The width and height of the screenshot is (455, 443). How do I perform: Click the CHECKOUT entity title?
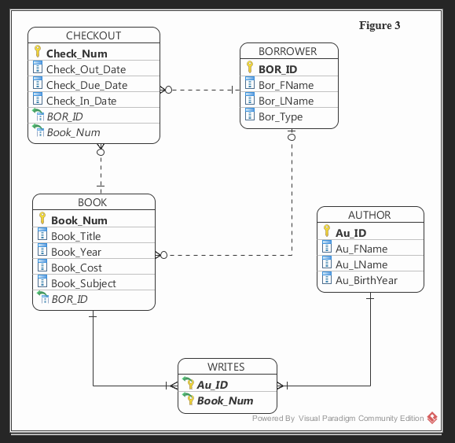pyautogui.click(x=94, y=35)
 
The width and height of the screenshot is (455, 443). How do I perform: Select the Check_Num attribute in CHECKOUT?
pyautogui.click(x=76, y=54)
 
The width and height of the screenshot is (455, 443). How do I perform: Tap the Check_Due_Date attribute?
pyautogui.click(x=86, y=85)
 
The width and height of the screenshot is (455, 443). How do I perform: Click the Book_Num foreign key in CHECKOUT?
pyautogui.click(x=73, y=132)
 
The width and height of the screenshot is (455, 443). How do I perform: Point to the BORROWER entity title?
pyautogui.click(x=288, y=51)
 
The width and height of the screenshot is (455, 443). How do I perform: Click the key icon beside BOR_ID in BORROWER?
pyautogui.click(x=250, y=69)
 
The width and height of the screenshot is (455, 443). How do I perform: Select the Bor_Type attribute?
pyautogui.click(x=281, y=116)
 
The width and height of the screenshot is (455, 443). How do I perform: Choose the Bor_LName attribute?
pyautogui.click(x=286, y=101)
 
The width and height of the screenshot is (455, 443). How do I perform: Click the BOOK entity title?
pyautogui.click(x=92, y=202)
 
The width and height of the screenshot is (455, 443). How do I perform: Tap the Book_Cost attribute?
pyautogui.click(x=76, y=268)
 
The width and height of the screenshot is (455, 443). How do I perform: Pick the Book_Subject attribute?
pyautogui.click(x=83, y=283)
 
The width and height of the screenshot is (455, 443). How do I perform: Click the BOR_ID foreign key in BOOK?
pyautogui.click(x=69, y=299)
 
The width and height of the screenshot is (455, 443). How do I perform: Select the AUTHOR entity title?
pyautogui.click(x=369, y=215)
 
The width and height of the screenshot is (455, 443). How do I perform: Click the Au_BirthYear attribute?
pyautogui.click(x=366, y=280)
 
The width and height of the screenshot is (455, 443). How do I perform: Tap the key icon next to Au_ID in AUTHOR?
pyautogui.click(x=327, y=233)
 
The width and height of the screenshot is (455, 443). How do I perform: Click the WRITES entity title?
pyautogui.click(x=226, y=367)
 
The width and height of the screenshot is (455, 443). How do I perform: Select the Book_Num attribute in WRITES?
pyautogui.click(x=225, y=401)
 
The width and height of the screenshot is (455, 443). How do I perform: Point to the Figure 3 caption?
pyautogui.click(x=380, y=25)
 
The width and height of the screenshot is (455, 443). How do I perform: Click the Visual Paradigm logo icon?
pyautogui.click(x=432, y=419)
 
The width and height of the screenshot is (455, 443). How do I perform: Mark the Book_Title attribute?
pyautogui.click(x=75, y=236)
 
